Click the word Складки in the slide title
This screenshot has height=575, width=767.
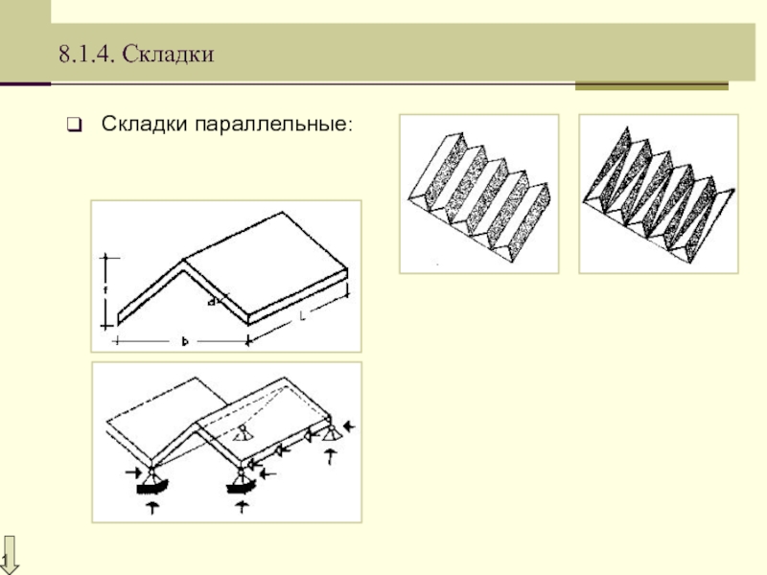pyautogui.click(x=172, y=56)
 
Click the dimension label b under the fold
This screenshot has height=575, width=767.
pyautogui.click(x=183, y=339)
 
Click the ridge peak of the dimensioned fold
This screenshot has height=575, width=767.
pyautogui.click(x=182, y=259)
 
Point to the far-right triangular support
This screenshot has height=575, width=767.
pyautogui.click(x=332, y=434)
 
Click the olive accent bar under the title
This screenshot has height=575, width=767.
pyautogui.click(x=651, y=85)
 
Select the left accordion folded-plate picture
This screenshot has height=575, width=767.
pyautogui.click(x=478, y=193)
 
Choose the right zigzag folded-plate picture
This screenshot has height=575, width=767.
pyautogui.click(x=659, y=193)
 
